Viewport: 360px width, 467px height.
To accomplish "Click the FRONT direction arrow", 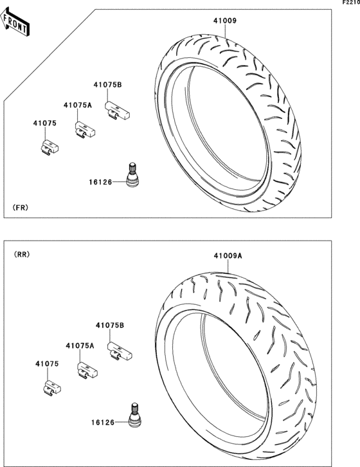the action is coord(15,21).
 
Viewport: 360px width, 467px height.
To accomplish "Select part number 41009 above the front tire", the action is coord(225,21).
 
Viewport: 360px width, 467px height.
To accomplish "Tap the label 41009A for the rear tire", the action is coord(228,256).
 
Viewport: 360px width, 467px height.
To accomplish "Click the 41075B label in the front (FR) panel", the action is coord(107,85).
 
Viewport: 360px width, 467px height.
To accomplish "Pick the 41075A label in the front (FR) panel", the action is coord(77,105).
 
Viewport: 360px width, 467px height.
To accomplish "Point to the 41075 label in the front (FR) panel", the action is coord(44,123).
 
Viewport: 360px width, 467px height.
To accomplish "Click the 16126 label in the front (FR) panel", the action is coord(100,182).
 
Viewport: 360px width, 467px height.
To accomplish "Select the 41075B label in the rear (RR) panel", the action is coord(110,325).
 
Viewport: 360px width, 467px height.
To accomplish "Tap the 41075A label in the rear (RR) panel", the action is coord(80,345).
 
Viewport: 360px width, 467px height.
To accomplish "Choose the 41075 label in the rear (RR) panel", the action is coord(47,363).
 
